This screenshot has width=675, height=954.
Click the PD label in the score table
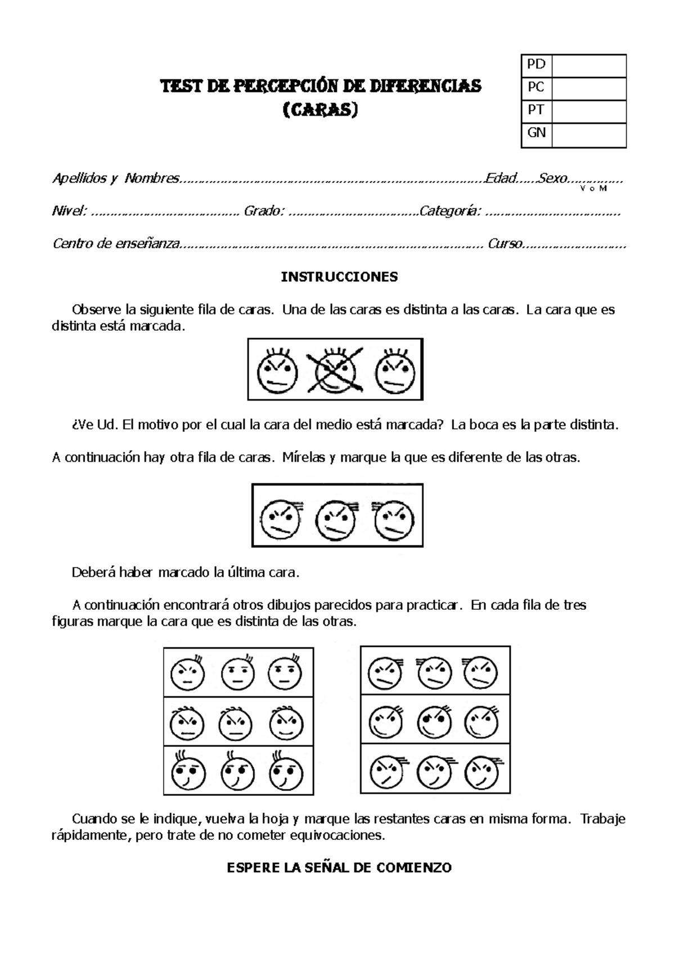tap(536, 64)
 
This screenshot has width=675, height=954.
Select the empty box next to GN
tap(588, 134)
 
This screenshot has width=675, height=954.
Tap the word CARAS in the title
tap(320, 110)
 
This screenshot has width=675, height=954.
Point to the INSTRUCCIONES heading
tap(339, 277)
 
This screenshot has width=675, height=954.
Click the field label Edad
tap(501, 179)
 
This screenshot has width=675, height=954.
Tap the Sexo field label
tap(552, 179)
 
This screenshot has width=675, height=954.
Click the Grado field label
tap(263, 211)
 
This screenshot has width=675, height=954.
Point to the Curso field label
tap(505, 244)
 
